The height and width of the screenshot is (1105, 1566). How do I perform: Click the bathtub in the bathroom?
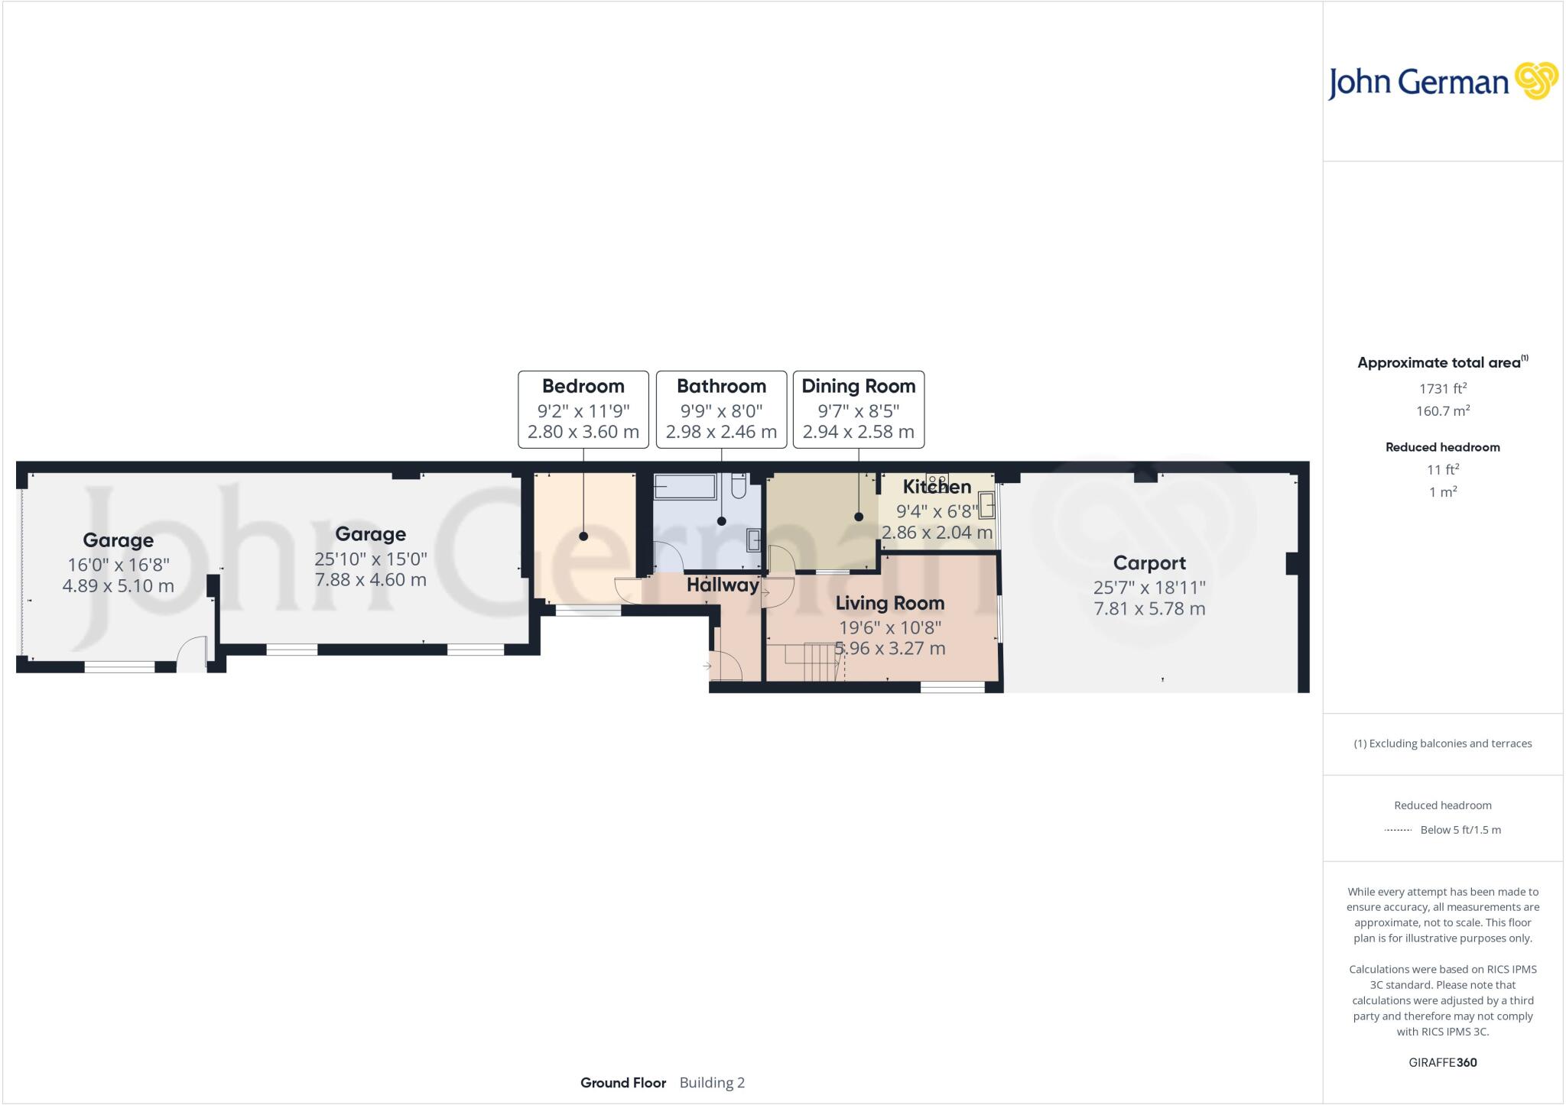click(x=684, y=486)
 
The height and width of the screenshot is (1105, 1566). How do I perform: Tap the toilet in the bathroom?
click(x=739, y=486)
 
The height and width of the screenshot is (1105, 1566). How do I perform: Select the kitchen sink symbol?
click(x=987, y=506)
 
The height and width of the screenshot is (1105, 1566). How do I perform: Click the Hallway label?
click(x=722, y=585)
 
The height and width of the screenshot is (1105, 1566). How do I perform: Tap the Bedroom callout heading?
click(x=583, y=386)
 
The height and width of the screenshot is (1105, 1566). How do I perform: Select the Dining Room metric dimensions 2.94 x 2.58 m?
click(x=858, y=432)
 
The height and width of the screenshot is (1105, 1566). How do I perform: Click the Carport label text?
click(x=1149, y=563)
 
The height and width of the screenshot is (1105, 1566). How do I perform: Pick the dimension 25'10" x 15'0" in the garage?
click(x=370, y=559)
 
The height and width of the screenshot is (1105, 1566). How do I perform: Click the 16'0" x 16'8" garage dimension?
click(x=119, y=565)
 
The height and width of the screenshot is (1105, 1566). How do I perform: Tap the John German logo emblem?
click(x=1535, y=81)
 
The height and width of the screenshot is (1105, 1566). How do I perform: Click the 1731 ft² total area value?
click(x=1442, y=388)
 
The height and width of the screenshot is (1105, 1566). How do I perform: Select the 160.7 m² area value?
click(x=1442, y=410)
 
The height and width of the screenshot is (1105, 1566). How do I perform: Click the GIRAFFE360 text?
click(x=1442, y=1062)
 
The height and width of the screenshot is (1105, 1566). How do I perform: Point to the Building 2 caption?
click(x=711, y=1082)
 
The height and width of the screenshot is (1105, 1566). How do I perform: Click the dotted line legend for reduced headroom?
click(x=1398, y=830)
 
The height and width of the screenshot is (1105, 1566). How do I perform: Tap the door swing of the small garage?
click(x=191, y=654)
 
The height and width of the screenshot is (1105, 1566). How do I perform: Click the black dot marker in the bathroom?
click(x=721, y=521)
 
